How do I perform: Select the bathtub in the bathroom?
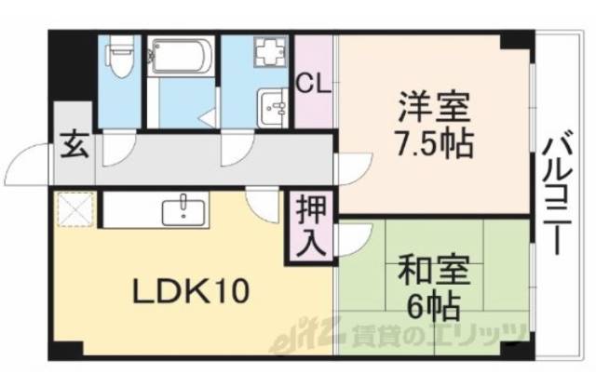pos(181,58)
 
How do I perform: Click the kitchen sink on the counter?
pos(183,210)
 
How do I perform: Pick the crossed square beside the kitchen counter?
pos(74,209)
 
